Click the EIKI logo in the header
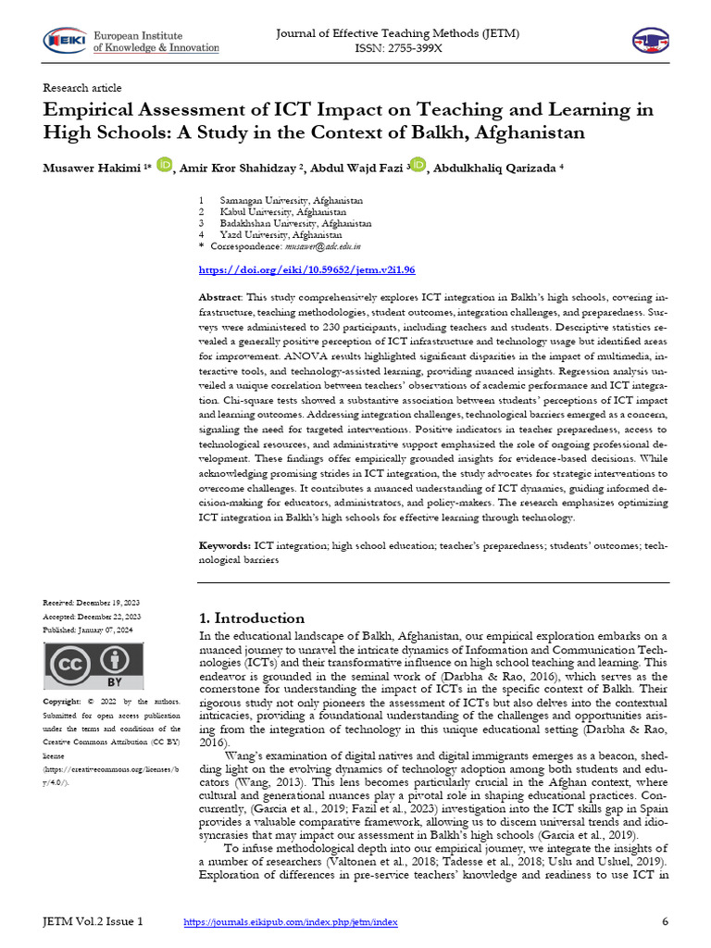point(62,41)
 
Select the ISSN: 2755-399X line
point(398,48)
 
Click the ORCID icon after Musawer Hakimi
point(165,165)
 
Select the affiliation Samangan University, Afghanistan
point(291,200)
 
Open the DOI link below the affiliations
point(307,269)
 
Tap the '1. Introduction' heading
point(252,618)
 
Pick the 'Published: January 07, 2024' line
point(92,630)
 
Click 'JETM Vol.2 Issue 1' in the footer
point(94,922)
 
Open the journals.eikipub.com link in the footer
point(291,923)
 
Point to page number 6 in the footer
point(665,922)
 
